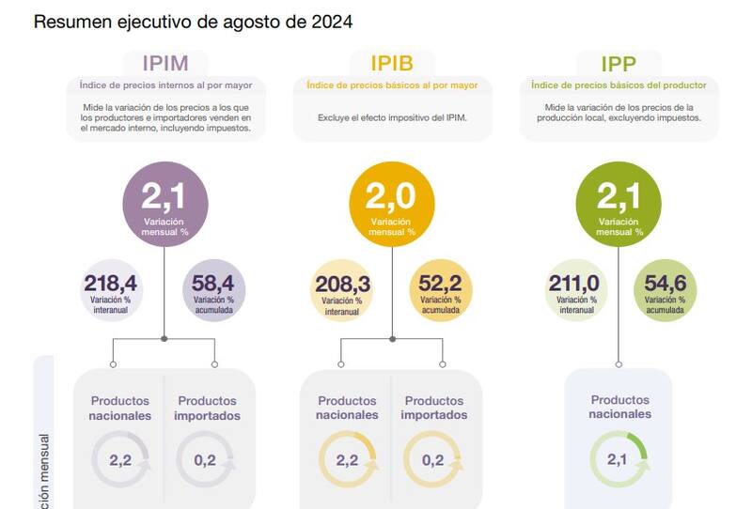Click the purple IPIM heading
(165, 64)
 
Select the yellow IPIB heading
(392, 64)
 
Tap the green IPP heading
(619, 64)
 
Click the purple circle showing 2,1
(165, 203)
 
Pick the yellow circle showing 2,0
(392, 203)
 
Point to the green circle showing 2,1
(619, 203)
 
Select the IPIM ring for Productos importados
(206, 460)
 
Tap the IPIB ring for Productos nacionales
(347, 460)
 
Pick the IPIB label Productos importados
(433, 408)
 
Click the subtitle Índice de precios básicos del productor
(618, 85)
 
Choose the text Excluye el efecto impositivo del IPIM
(392, 118)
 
